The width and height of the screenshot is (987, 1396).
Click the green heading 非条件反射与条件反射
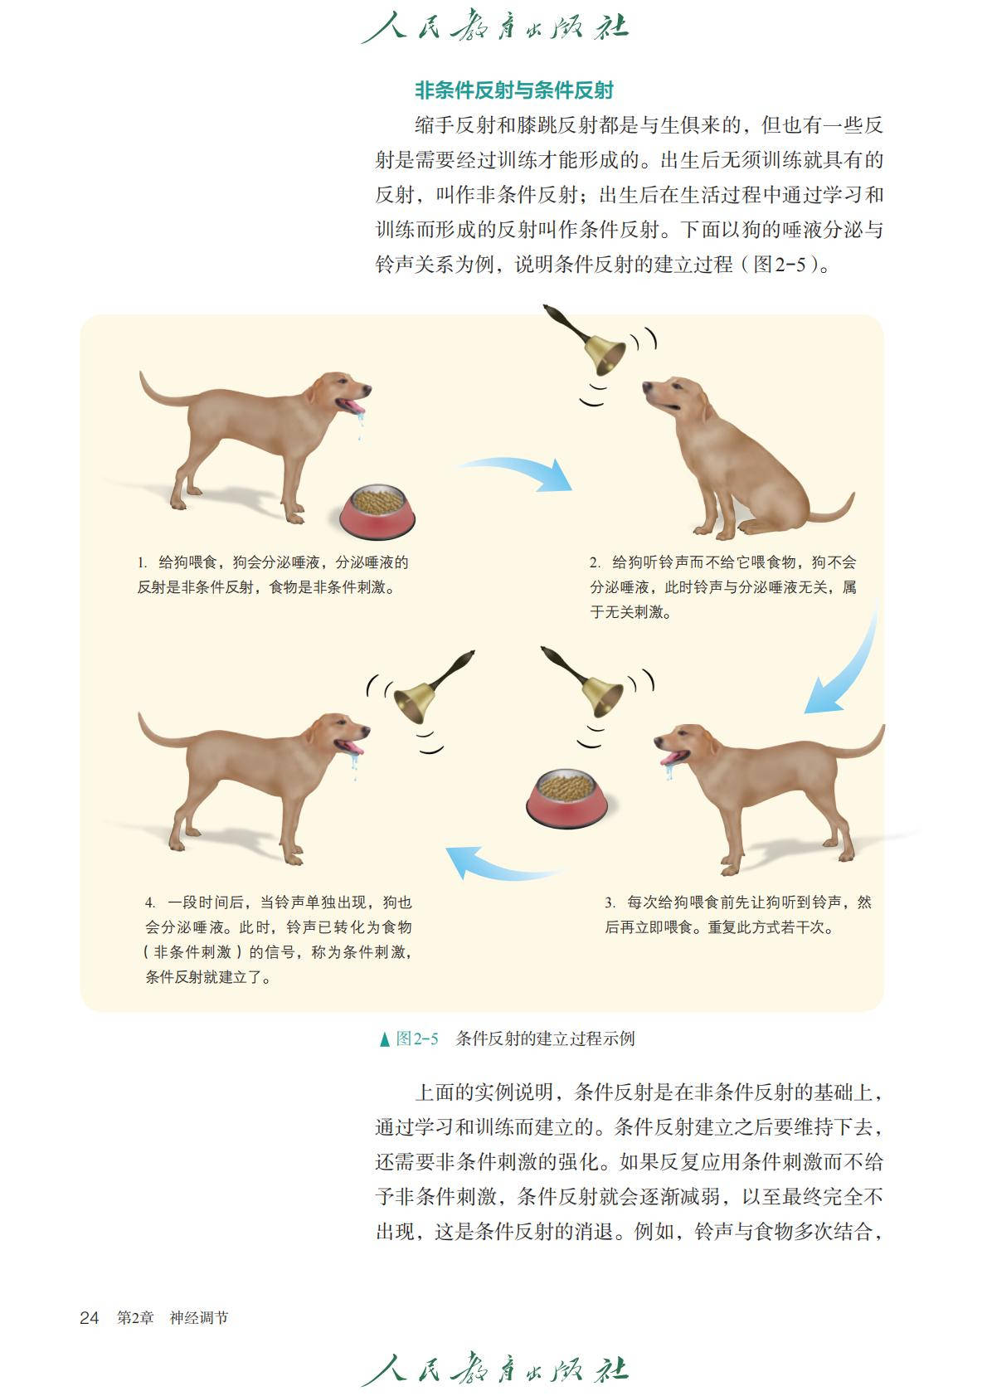pos(514,90)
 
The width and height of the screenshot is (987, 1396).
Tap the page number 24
pos(89,1317)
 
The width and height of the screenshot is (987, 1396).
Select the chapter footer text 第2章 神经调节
pos(173,1317)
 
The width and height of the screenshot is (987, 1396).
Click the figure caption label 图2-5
pos(417,1038)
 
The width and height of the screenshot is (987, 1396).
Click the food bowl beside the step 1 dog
pos(377,511)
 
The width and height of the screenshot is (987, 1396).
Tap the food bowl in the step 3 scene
pos(566,798)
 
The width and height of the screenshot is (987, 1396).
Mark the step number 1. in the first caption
pos(143,562)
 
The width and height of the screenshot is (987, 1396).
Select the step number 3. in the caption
pos(610,902)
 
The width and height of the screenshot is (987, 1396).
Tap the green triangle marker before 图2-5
pos(385,1038)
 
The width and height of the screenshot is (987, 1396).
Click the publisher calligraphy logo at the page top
pos(495,27)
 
